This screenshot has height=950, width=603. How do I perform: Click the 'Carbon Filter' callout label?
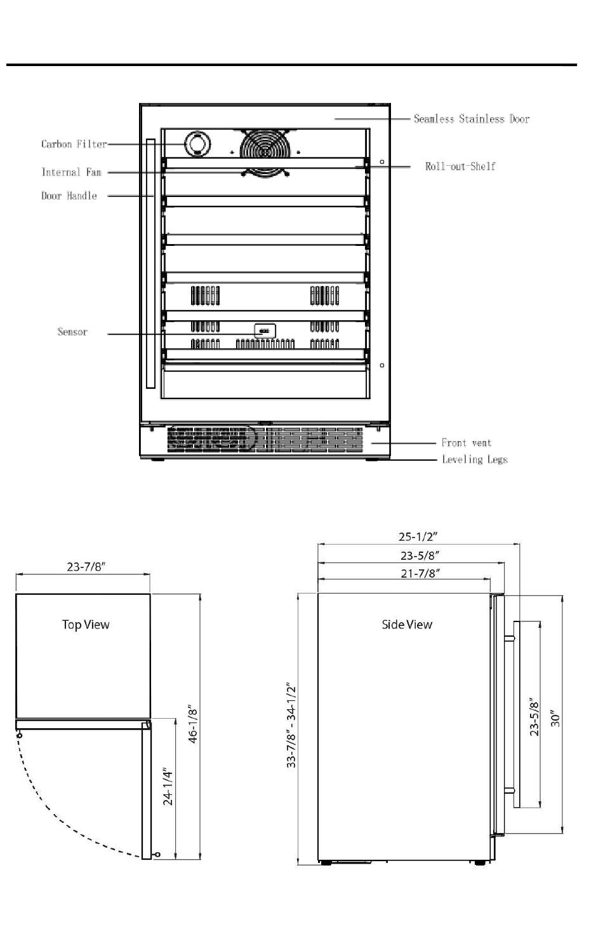[x=74, y=144]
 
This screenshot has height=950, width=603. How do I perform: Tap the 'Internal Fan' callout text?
[x=72, y=172]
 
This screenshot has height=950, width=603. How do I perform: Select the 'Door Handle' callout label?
[x=69, y=196]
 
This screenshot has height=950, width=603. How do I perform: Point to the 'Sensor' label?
[x=72, y=332]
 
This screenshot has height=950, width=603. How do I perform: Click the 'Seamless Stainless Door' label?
[x=472, y=119]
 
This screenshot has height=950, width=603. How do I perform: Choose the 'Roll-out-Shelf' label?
[x=460, y=166]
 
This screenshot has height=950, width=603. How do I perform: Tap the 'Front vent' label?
[x=467, y=443]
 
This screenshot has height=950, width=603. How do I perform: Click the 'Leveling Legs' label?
[x=475, y=459]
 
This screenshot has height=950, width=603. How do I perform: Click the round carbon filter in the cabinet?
[x=197, y=144]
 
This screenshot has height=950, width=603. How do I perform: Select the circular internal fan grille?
[x=265, y=151]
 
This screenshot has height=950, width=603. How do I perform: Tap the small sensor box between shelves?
[x=265, y=331]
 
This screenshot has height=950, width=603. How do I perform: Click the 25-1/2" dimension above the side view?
[x=418, y=536]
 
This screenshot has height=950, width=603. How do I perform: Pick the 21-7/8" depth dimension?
[x=420, y=573]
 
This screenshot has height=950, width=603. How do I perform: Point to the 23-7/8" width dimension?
[x=86, y=567]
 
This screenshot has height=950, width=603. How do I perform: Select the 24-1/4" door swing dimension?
[x=168, y=786]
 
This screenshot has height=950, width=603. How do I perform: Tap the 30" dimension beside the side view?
[x=555, y=718]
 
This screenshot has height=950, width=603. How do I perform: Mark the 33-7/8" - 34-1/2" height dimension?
[x=291, y=725]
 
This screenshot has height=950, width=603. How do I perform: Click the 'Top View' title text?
[x=86, y=624]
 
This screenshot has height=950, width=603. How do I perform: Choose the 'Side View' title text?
[x=407, y=624]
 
